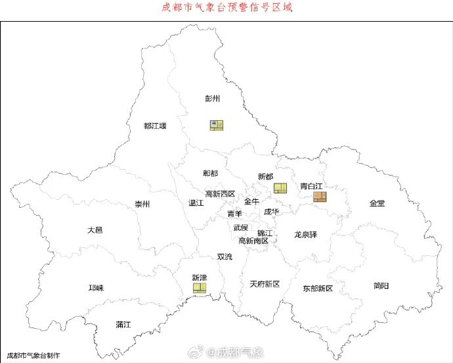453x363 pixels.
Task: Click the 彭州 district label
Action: coord(212,99)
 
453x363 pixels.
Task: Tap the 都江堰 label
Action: coord(155,126)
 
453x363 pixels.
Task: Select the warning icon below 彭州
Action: coord(216,125)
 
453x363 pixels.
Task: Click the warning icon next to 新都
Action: coord(280,188)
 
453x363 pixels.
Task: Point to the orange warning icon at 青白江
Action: coord(320,196)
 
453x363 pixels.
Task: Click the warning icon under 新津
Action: coord(200,289)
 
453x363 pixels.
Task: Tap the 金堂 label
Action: coord(377,203)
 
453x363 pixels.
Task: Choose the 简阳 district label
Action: coord(381,285)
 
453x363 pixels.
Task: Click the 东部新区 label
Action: coord(318,289)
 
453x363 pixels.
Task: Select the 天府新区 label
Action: coord(265,284)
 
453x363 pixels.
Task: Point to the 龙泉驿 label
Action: coord(305,234)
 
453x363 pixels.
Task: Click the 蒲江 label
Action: coord(123,324)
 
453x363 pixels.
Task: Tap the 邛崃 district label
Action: coord(97,288)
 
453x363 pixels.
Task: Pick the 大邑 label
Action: coord(95,230)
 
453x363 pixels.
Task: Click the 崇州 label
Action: coord(142,204)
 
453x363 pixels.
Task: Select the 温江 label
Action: coord(196,203)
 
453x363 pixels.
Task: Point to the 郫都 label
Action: coord(210,173)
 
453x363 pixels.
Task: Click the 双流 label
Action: coord(225,256)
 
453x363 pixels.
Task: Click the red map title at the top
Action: coord(226,8)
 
